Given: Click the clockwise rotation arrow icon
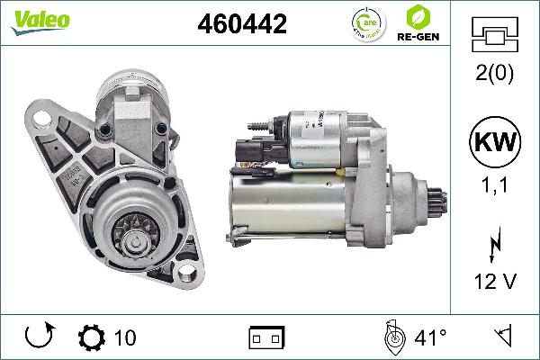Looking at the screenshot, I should pos(39,337).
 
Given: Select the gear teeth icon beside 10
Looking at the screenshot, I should pos(92,337).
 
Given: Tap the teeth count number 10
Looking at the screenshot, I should pos(126,338).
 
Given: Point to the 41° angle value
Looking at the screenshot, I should pos(430,338).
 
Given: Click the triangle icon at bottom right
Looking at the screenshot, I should pos(504,337).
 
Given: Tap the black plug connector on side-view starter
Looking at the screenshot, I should pos(255,149).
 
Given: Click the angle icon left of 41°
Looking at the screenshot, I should pos(392,337).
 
